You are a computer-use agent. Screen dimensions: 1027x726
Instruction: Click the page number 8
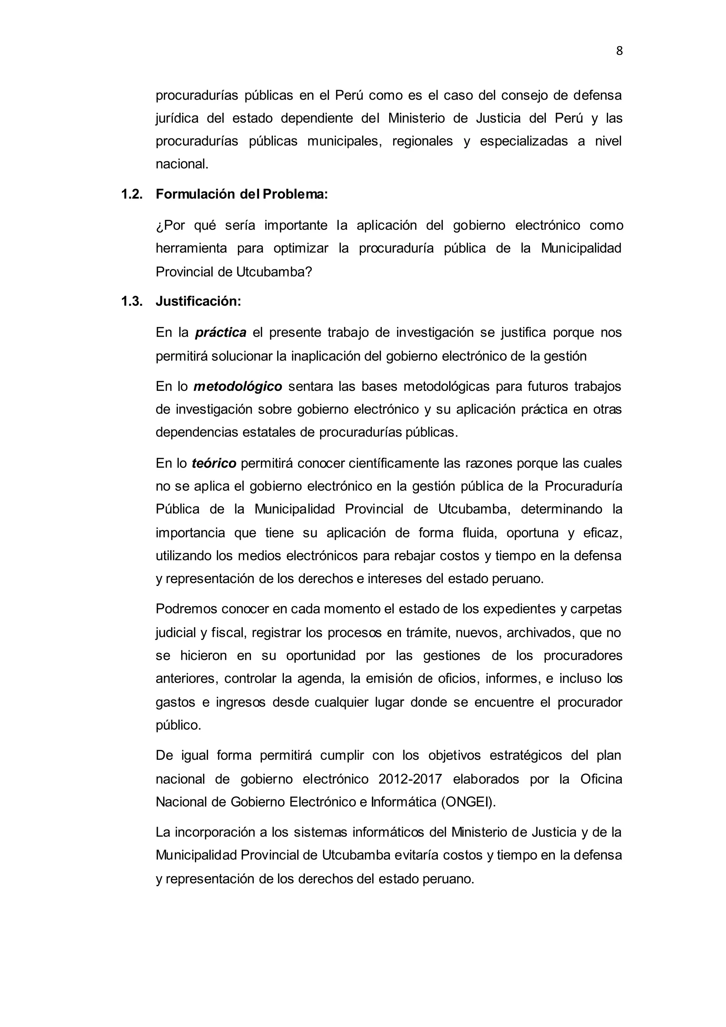pyautogui.click(x=619, y=51)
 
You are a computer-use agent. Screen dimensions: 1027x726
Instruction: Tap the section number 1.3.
pyautogui.click(x=132, y=301)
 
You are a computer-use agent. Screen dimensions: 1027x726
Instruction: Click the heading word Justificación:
pyautogui.click(x=199, y=301)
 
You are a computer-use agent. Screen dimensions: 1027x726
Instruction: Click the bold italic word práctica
pyautogui.click(x=221, y=333)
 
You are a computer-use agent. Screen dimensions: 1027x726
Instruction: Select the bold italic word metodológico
pyautogui.click(x=238, y=386)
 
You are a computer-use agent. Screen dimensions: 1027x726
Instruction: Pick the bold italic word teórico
pyautogui.click(x=214, y=463)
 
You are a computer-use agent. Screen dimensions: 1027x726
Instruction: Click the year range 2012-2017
pyautogui.click(x=410, y=779)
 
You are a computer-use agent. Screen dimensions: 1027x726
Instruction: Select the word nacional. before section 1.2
pyautogui.click(x=182, y=164)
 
